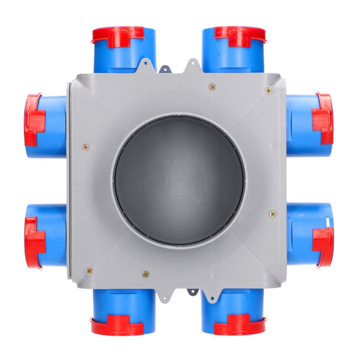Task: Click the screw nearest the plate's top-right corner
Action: click(268, 90)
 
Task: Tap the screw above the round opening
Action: click(212, 87)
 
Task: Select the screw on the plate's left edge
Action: click(85, 147)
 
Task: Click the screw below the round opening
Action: click(145, 274)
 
